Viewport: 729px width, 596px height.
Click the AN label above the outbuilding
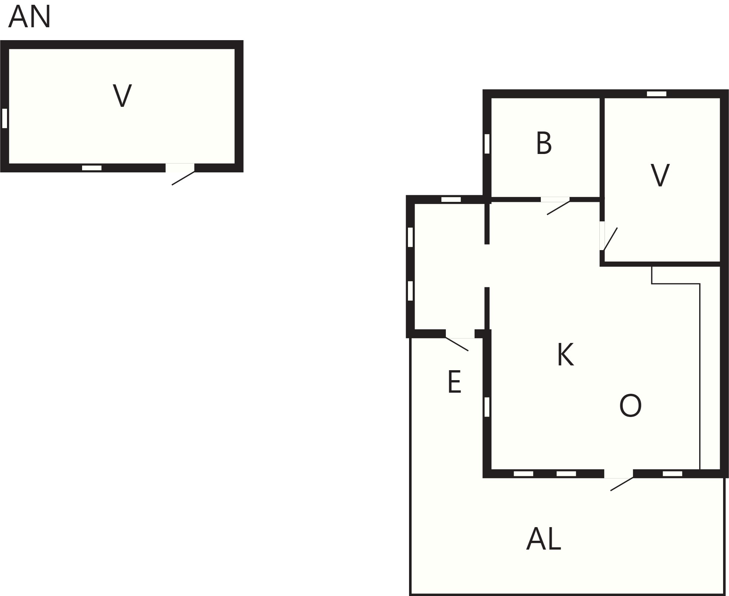coord(29,17)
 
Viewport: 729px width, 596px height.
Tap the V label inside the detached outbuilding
coord(122,96)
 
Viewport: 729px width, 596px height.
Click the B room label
coord(544,143)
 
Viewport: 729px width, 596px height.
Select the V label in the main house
coord(660,175)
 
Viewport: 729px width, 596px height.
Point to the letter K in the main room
coord(565,354)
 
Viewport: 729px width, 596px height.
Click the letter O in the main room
coord(630,406)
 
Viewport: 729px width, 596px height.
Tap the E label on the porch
coord(454,382)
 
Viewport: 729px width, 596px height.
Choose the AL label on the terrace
coord(543,539)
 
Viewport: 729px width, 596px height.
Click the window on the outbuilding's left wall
coord(5,118)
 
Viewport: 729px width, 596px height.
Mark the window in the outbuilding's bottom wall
coord(92,168)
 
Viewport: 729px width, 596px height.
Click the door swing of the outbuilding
coord(183,178)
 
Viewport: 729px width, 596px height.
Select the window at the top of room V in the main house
coord(656,94)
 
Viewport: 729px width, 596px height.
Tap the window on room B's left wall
coord(487,144)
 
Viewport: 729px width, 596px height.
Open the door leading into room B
coord(558,207)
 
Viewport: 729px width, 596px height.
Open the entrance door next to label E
coord(457,344)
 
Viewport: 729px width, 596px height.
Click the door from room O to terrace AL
coord(622,484)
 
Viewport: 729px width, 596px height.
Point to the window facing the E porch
coord(487,407)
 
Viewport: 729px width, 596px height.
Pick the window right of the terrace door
coord(672,474)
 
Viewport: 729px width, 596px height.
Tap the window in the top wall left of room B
coord(451,199)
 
